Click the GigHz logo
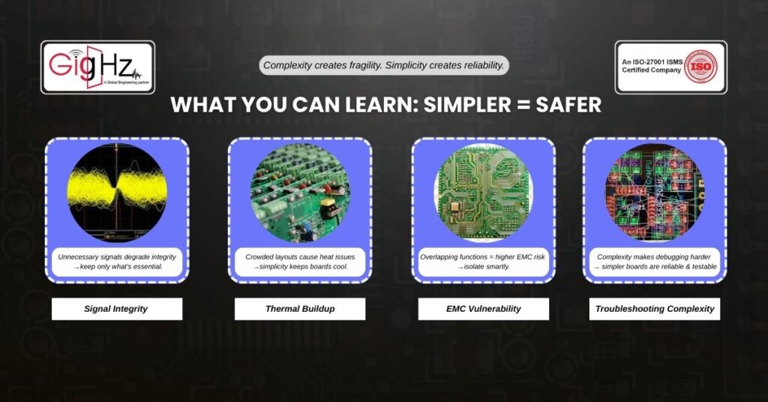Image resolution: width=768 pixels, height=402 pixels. [98, 67]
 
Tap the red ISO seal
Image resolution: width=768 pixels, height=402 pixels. [701, 67]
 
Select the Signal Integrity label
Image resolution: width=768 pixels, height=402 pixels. [116, 309]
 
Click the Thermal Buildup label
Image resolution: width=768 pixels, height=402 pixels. [300, 309]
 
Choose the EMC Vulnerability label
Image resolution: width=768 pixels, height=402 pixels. [484, 309]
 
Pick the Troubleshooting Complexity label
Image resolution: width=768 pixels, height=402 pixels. [654, 309]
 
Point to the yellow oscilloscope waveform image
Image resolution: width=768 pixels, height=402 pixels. [116, 193]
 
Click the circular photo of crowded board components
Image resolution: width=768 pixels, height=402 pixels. [300, 193]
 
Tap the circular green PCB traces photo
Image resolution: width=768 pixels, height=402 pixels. [484, 193]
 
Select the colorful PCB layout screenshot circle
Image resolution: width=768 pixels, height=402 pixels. [654, 193]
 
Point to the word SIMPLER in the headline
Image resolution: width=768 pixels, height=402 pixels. [466, 105]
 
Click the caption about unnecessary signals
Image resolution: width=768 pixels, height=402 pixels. [116, 262]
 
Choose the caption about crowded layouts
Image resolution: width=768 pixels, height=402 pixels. [300, 262]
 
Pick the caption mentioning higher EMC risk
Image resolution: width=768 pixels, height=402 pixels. [483, 262]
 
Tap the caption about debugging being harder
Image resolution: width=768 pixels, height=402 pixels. [654, 262]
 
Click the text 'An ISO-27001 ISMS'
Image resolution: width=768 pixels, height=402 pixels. [652, 62]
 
